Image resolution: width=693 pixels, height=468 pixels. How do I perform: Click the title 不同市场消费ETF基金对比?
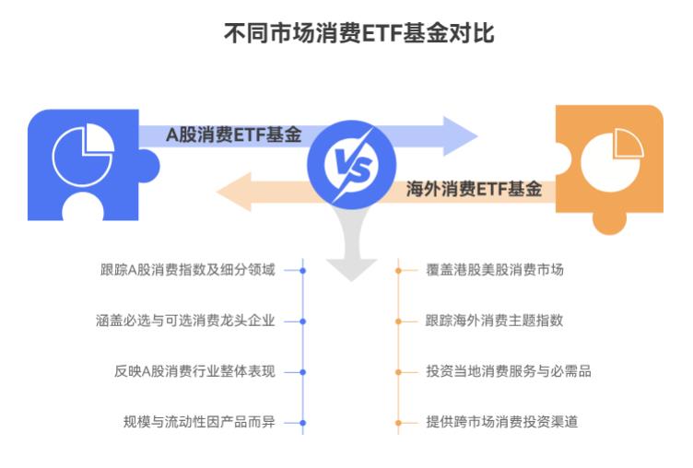tap(346, 34)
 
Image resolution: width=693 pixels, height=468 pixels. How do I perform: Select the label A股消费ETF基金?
tap(234, 135)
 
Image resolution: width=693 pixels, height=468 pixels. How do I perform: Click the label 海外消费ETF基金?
tap(474, 190)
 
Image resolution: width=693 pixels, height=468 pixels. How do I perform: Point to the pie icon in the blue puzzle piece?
tap(82, 156)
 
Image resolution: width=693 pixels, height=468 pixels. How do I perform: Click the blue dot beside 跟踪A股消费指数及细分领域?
tap(303, 270)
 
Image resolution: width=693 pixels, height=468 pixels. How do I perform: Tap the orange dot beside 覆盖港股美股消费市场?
tap(398, 270)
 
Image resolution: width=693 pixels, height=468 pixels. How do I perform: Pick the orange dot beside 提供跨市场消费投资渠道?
tap(398, 423)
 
